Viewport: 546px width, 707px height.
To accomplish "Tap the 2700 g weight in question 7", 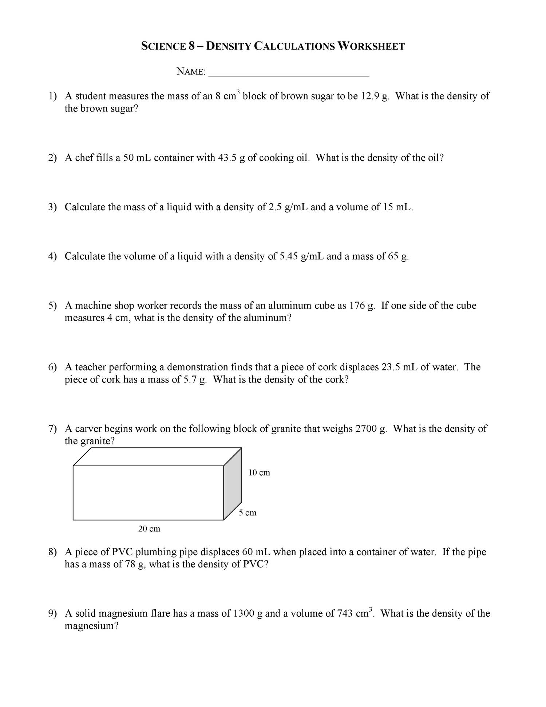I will [x=371, y=429].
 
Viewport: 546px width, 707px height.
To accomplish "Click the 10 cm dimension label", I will [x=259, y=473].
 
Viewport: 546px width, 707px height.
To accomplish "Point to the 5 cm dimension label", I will [x=248, y=513].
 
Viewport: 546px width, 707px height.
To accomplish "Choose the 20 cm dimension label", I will [x=149, y=529].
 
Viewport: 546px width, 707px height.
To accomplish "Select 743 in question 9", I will [x=345, y=614].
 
